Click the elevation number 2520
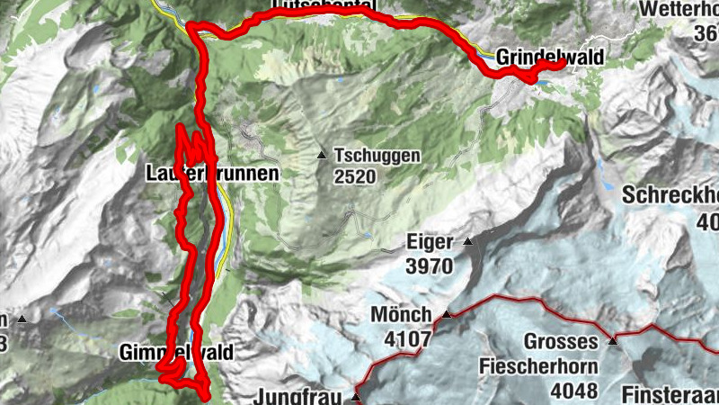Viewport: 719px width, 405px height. pyautogui.click(x=352, y=175)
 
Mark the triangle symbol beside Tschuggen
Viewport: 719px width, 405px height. pyautogui.click(x=322, y=155)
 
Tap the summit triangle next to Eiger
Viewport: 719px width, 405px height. pyautogui.click(x=467, y=241)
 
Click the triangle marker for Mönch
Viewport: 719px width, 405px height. pyautogui.click(x=446, y=314)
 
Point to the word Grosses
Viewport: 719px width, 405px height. pyautogui.click(x=561, y=342)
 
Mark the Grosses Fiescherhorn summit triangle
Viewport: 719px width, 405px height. pyautogui.click(x=612, y=340)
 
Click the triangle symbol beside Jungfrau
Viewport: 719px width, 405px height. pyautogui.click(x=357, y=396)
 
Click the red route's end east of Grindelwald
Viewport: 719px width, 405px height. pyautogui.click(x=561, y=63)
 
